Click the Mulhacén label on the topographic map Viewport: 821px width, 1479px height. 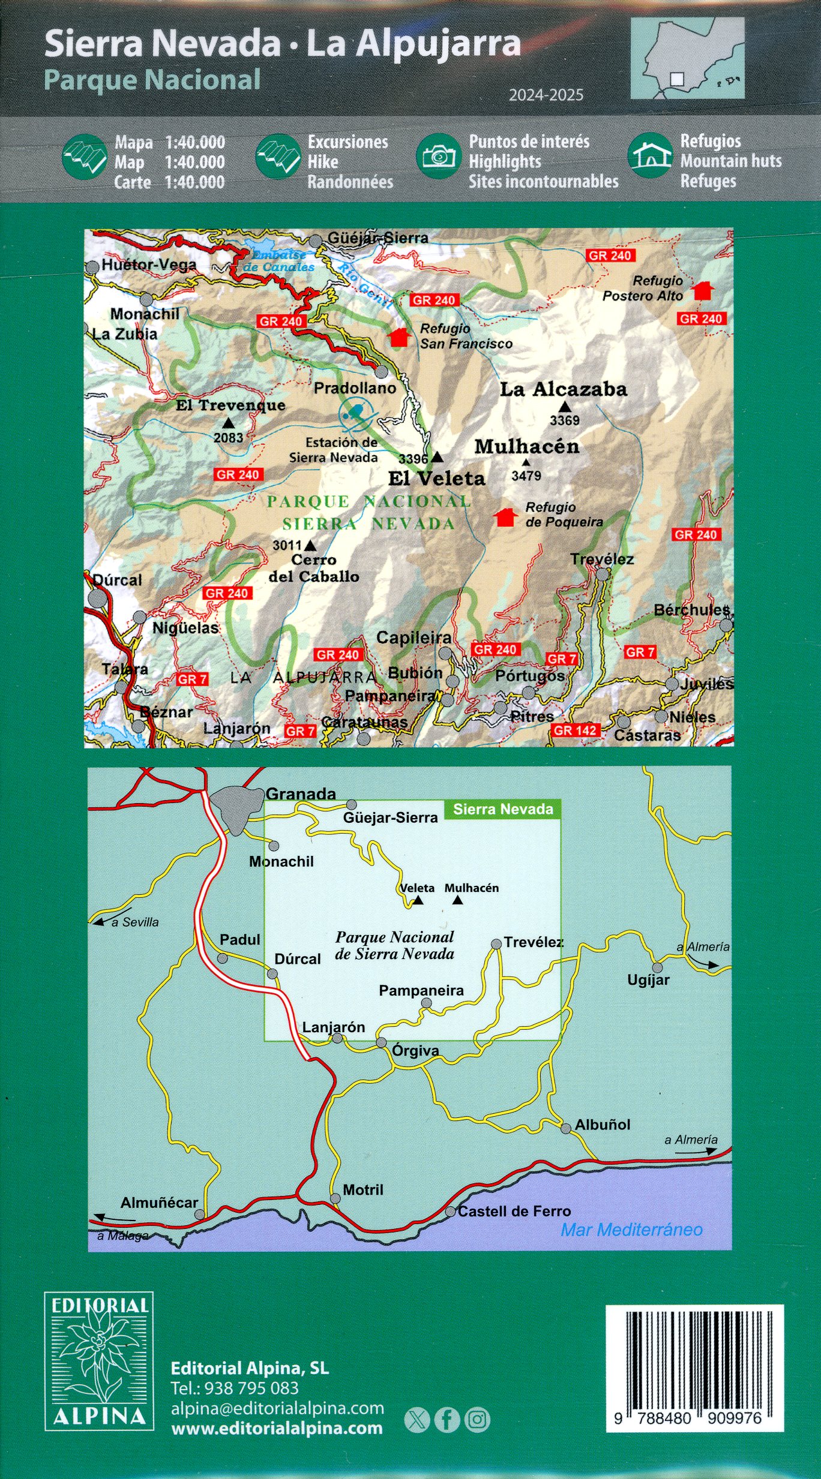click(527, 446)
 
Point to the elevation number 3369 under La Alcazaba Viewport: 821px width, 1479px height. click(565, 420)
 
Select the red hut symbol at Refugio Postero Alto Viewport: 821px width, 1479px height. click(702, 291)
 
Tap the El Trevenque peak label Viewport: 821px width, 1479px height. click(230, 405)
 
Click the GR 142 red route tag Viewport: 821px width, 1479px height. click(575, 730)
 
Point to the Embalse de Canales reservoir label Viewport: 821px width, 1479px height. click(278, 261)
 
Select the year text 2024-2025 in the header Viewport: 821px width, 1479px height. click(546, 95)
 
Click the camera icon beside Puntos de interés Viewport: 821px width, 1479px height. click(439, 157)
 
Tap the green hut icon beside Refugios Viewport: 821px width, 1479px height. click(651, 156)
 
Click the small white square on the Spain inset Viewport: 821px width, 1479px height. click(676, 79)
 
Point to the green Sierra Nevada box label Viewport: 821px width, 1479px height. click(502, 809)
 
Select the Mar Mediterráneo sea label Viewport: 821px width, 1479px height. click(631, 1230)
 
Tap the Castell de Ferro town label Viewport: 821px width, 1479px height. click(514, 1211)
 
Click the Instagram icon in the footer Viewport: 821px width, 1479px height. click(477, 1420)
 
